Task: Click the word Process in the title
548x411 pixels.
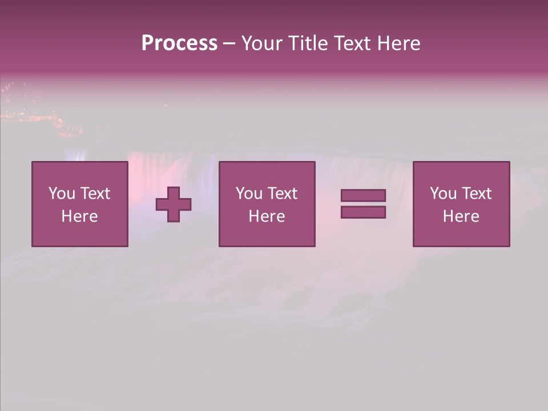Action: [179, 43]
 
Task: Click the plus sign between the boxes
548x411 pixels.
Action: [174, 204]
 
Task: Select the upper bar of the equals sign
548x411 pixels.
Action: [363, 196]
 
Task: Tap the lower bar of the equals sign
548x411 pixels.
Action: [363, 212]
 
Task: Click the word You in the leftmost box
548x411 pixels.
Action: [62, 194]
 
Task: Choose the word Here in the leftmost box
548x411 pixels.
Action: [79, 216]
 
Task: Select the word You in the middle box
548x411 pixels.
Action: [249, 194]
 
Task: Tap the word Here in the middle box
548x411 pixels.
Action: [267, 216]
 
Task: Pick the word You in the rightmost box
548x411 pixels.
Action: [443, 194]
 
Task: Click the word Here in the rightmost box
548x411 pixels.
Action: [461, 216]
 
